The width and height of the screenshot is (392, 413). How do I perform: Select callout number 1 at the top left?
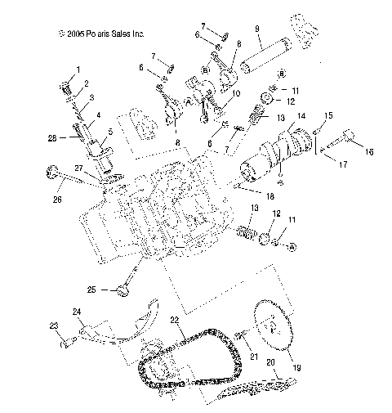pyautogui.click(x=78, y=68)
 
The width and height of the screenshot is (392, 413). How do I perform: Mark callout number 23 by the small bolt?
pyautogui.click(x=54, y=326)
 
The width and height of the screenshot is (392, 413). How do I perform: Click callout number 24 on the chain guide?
pyautogui.click(x=78, y=312)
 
